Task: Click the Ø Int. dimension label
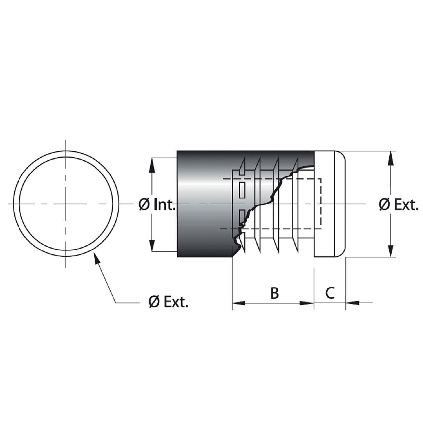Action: point(157,205)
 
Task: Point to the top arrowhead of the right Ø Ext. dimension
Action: point(390,158)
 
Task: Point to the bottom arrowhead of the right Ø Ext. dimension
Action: point(390,250)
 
